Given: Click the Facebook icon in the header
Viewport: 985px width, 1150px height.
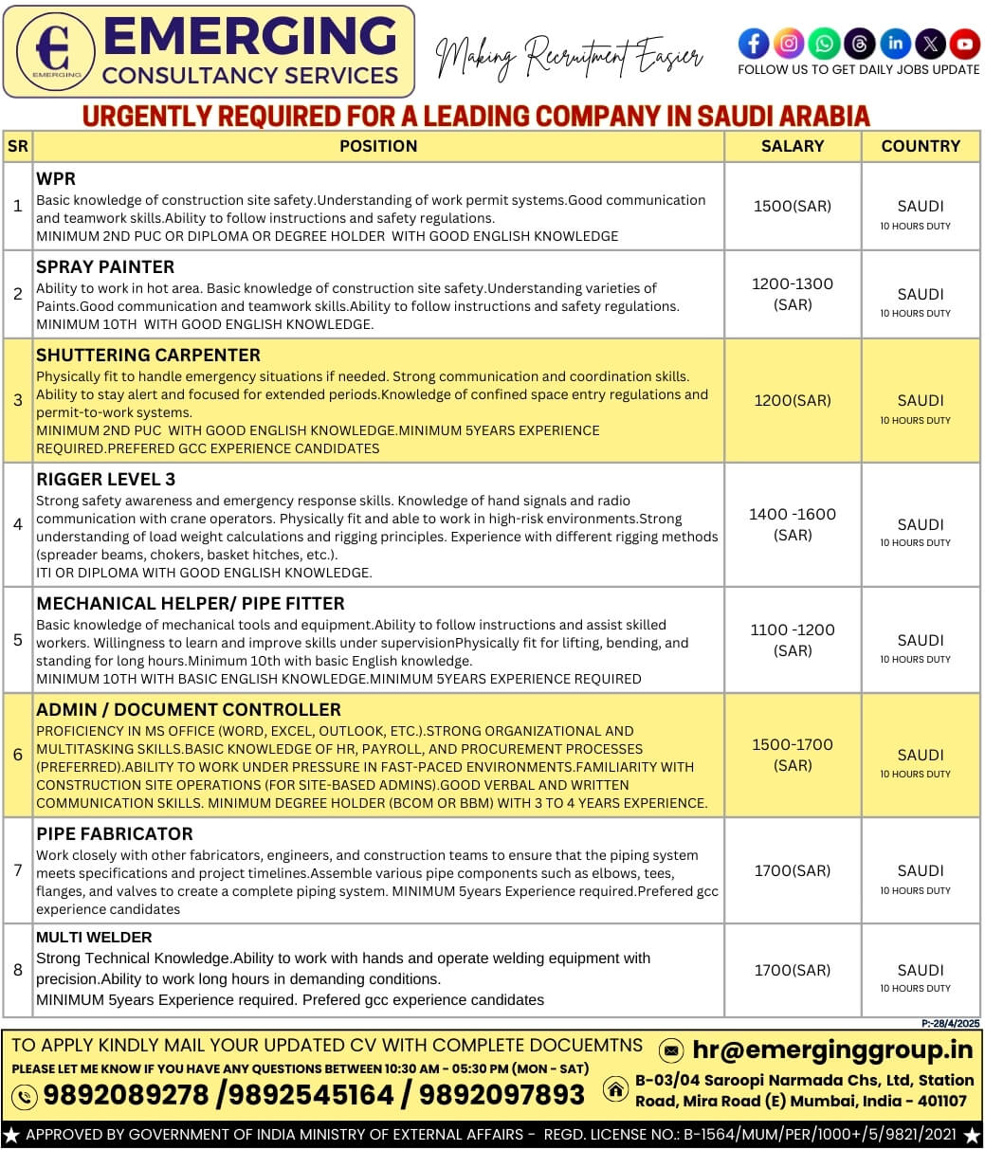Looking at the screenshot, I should [x=754, y=44].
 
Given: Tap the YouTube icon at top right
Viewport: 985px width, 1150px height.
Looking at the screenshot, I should [x=965, y=44].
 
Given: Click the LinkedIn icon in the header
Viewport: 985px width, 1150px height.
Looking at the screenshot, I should [x=895, y=44].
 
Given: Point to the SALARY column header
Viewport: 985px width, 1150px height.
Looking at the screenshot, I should [x=793, y=146].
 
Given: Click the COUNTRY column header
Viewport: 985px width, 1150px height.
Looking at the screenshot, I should [x=921, y=146].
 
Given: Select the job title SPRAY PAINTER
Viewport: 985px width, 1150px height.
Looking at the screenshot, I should [x=105, y=266].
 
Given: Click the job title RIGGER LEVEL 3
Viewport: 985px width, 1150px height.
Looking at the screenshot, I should [x=105, y=479].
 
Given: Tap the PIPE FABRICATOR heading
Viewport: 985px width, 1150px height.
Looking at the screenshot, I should [x=114, y=833].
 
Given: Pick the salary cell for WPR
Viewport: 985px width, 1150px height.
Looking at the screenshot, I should [x=793, y=206].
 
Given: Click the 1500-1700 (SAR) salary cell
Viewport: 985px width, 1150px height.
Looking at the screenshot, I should [x=793, y=755].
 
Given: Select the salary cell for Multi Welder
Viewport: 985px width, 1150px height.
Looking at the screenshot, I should [x=793, y=970].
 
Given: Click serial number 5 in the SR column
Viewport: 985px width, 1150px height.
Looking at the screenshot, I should [x=17, y=640].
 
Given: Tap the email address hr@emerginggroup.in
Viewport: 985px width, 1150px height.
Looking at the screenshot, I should [x=832, y=1050].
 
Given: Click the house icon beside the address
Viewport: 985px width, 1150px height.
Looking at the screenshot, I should [x=616, y=1090].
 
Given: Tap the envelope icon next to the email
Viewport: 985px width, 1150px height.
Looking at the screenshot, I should [x=671, y=1050].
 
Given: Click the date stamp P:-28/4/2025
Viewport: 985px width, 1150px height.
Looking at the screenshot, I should [x=950, y=1023].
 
